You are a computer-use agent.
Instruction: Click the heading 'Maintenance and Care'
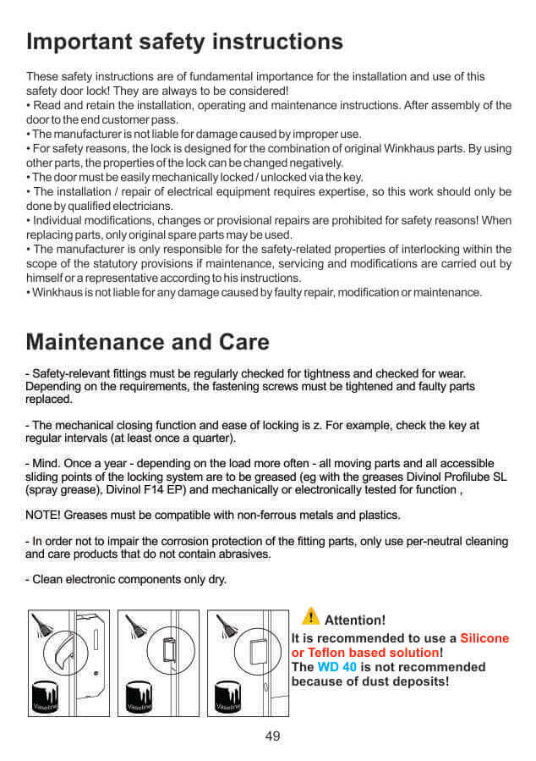click(x=148, y=341)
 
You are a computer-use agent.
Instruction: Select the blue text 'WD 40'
click(x=335, y=667)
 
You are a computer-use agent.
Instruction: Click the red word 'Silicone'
click(x=484, y=638)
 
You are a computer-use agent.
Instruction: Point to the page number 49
click(x=272, y=736)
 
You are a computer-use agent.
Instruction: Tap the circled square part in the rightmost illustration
click(x=260, y=652)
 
